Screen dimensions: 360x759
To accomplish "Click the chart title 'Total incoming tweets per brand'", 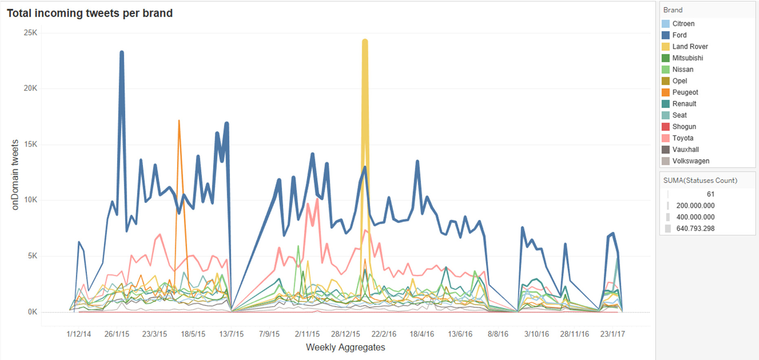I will pyautogui.click(x=90, y=13).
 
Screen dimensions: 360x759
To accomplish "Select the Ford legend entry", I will pyautogui.click(x=679, y=35).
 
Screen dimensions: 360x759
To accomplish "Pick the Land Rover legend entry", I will pyautogui.click(x=690, y=46).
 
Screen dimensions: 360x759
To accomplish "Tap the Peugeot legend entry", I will pyautogui.click(x=685, y=92).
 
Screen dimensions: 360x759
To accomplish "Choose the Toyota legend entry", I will pyautogui.click(x=682, y=138).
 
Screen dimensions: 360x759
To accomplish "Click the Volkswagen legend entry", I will pyautogui.click(x=691, y=161).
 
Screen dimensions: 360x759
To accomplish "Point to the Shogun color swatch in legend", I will pyautogui.click(x=666, y=127).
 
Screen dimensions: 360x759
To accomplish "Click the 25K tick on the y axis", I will pyautogui.click(x=30, y=33).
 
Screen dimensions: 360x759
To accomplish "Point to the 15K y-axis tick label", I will pyautogui.click(x=30, y=144).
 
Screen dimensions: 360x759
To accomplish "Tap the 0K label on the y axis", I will pyautogui.click(x=32, y=312).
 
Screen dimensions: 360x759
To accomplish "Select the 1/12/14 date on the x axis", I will pyautogui.click(x=79, y=334).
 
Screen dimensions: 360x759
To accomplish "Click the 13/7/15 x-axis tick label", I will pyautogui.click(x=231, y=334).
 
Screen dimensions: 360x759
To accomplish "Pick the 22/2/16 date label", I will pyautogui.click(x=384, y=334).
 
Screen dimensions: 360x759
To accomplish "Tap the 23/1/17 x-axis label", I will pyautogui.click(x=612, y=334).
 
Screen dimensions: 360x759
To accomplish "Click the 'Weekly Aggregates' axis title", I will pyautogui.click(x=345, y=347).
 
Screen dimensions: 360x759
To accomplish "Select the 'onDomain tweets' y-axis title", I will pyautogui.click(x=15, y=175).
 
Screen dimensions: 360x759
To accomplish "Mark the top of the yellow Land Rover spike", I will pyautogui.click(x=365, y=41).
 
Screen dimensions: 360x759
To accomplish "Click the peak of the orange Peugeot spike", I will pyautogui.click(x=179, y=121).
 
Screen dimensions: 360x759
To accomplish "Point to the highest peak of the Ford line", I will pyautogui.click(x=121, y=53).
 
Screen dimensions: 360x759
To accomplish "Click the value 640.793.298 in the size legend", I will pyautogui.click(x=695, y=229).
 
